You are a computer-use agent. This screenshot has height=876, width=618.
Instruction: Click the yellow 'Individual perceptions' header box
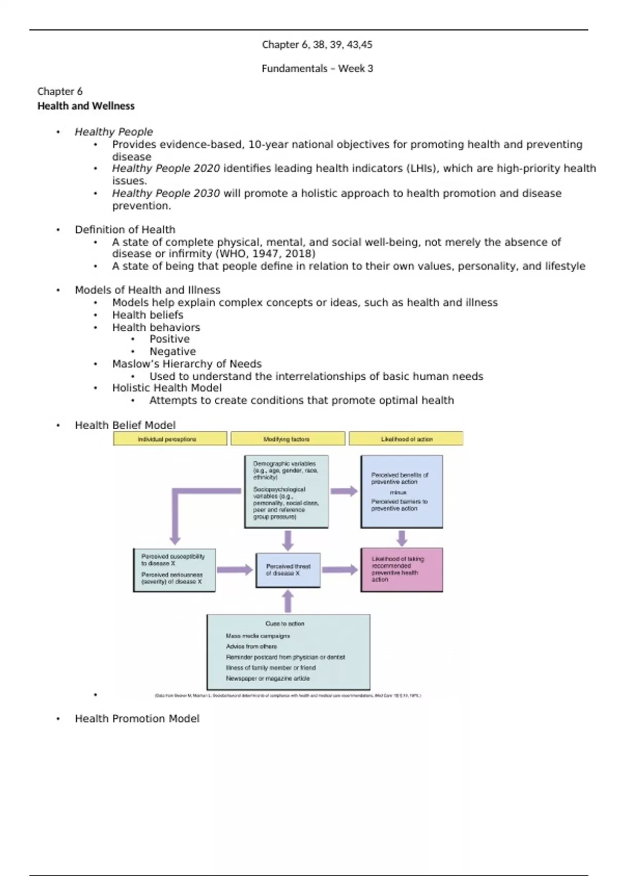pyautogui.click(x=170, y=439)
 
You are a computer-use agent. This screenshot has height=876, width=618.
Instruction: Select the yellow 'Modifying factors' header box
pyautogui.click(x=287, y=439)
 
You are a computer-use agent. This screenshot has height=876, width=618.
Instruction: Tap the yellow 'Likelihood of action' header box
pyautogui.click(x=406, y=439)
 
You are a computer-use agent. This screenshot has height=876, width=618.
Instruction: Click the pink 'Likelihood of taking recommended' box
pyautogui.click(x=402, y=569)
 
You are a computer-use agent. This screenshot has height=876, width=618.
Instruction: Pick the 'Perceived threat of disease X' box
pyautogui.click(x=288, y=570)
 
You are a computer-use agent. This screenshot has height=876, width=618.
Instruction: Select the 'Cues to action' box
pyautogui.click(x=288, y=651)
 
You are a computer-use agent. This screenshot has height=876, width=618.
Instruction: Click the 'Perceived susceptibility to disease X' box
pyautogui.click(x=174, y=570)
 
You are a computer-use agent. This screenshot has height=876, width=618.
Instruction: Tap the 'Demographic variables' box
pyautogui.click(x=286, y=491)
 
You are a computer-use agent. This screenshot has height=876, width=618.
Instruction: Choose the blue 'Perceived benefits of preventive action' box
pyautogui.click(x=402, y=492)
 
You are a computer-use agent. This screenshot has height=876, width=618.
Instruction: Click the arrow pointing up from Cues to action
pyautogui.click(x=288, y=601)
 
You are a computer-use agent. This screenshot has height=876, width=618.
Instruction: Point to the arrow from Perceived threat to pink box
pyautogui.click(x=340, y=569)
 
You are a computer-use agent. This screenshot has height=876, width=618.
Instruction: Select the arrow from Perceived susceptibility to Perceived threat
pyautogui.click(x=235, y=569)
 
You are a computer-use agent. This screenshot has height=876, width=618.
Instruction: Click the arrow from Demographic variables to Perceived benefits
pyautogui.click(x=344, y=491)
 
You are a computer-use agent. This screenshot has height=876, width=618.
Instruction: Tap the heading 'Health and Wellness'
pyautogui.click(x=86, y=106)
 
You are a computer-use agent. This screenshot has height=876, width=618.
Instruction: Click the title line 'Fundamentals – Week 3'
pyautogui.click(x=317, y=69)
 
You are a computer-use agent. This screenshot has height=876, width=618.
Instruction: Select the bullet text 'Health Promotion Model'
pyautogui.click(x=137, y=718)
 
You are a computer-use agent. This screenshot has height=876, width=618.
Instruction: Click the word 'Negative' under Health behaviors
pyautogui.click(x=173, y=351)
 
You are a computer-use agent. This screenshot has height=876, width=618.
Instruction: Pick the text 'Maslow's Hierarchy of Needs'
pyautogui.click(x=187, y=364)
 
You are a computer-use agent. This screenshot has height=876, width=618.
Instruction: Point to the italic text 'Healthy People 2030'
pyautogui.click(x=166, y=193)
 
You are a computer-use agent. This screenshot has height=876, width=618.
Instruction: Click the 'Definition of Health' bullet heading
pyautogui.click(x=125, y=230)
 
